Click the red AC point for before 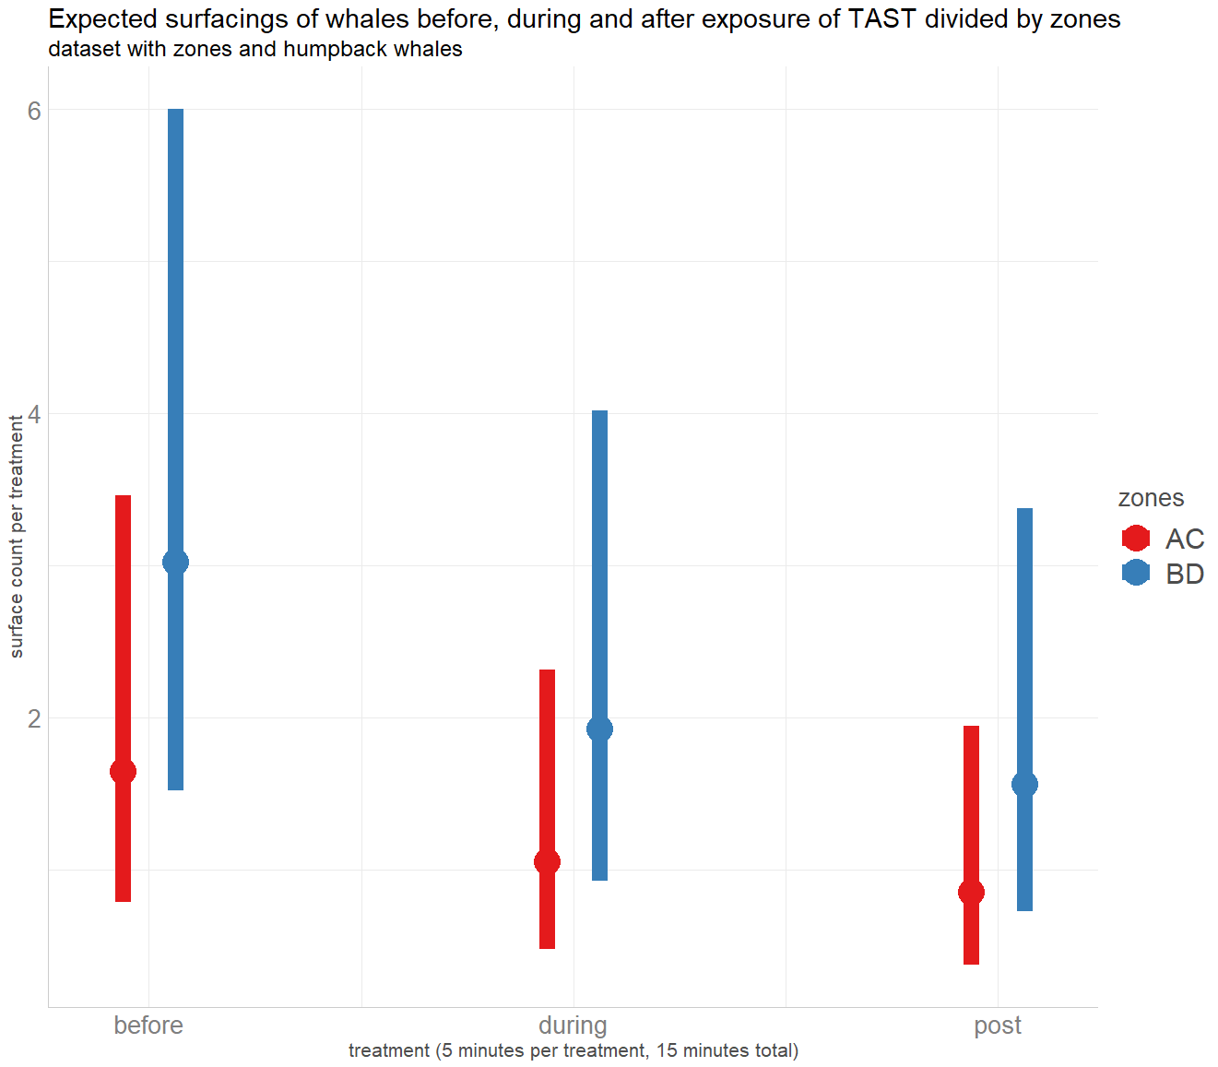pos(123,772)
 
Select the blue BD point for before pos(175,562)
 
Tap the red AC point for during pos(547,861)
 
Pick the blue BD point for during pos(599,729)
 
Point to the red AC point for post pos(971,892)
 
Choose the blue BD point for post pos(1024,784)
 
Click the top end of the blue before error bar pos(175,111)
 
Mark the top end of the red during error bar pos(547,671)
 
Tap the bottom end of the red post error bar pos(971,963)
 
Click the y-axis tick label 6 pos(34,111)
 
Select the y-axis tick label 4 pos(34,414)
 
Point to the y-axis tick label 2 pos(34,717)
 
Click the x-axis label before pos(148,1025)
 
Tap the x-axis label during pos(573,1025)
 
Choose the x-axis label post pos(998,1025)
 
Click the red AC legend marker pos(1136,539)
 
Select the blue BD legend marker pos(1136,573)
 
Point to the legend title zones pos(1151,498)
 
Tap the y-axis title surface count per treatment pos(17,537)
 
